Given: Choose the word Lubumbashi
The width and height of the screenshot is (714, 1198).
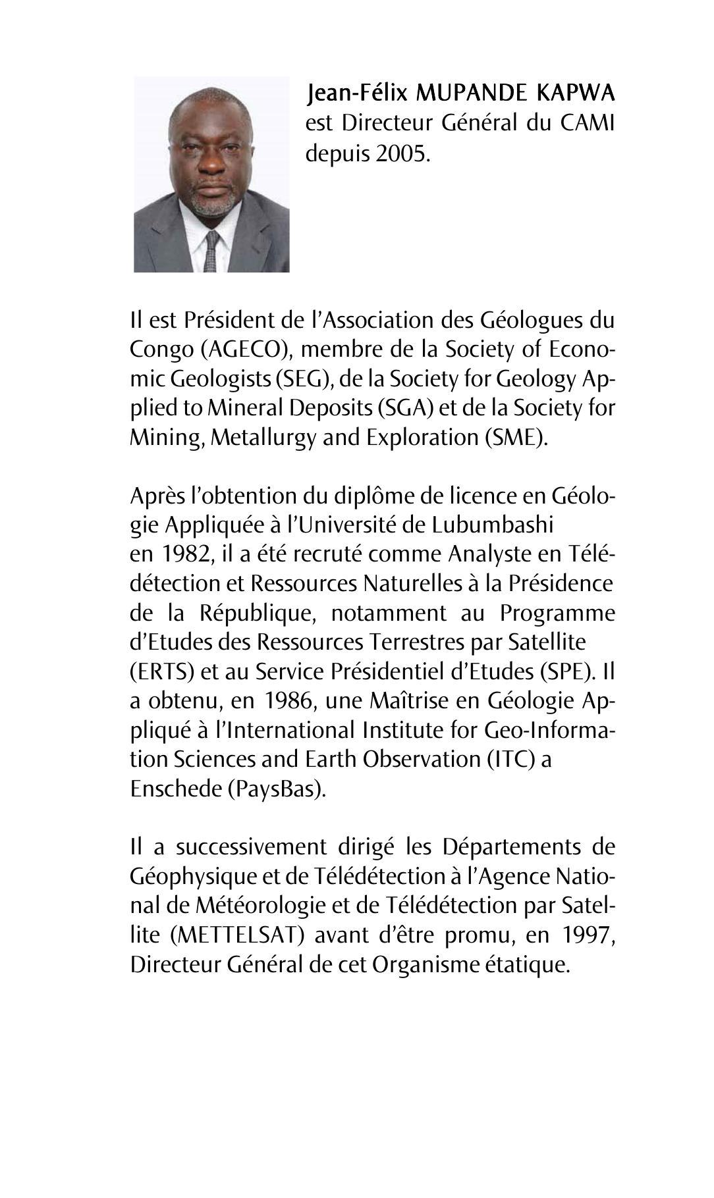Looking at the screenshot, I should point(493,525).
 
